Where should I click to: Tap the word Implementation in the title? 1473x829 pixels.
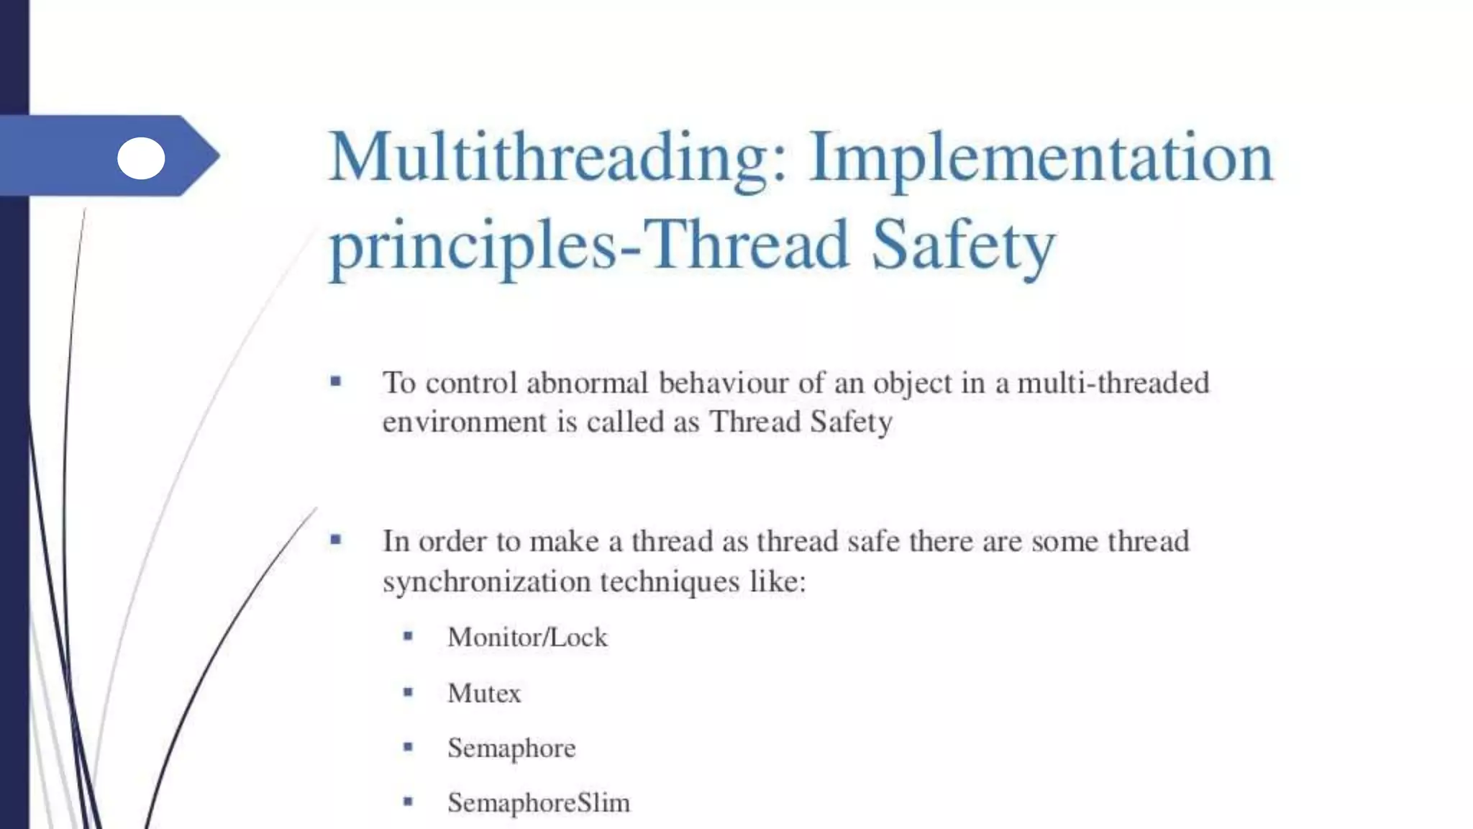pyautogui.click(x=1041, y=158)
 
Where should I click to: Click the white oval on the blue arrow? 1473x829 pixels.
pyautogui.click(x=141, y=158)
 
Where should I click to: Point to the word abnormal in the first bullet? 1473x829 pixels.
pyautogui.click(x=588, y=383)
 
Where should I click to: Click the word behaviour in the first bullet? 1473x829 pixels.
pyautogui.click(x=724, y=383)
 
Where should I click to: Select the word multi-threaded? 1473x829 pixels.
pyautogui.click(x=1113, y=383)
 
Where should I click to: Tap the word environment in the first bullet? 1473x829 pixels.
pyautogui.click(x=465, y=422)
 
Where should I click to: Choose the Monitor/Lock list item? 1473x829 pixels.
pyautogui.click(x=527, y=638)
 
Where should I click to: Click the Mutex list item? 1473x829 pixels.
pyautogui.click(x=484, y=694)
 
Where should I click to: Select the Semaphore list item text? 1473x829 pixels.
pyautogui.click(x=511, y=748)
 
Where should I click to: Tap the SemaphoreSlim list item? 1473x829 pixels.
pyautogui.click(x=539, y=803)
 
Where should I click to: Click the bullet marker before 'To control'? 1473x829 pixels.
pyautogui.click(x=336, y=381)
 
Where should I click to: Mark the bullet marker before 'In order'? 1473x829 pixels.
pyautogui.click(x=336, y=540)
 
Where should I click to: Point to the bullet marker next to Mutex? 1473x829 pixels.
pyautogui.click(x=408, y=692)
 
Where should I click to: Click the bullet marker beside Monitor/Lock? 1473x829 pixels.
pyautogui.click(x=408, y=636)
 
